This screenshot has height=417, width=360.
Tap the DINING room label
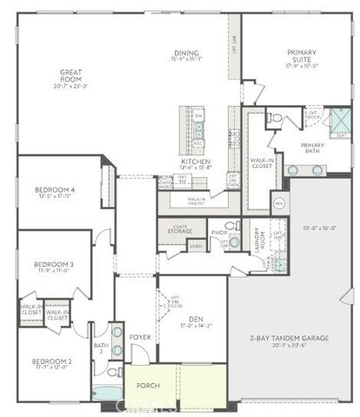pyautogui.click(x=187, y=54)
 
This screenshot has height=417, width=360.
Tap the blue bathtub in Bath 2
pyautogui.click(x=108, y=393)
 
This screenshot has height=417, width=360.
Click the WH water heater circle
pyautogui.click(x=279, y=204)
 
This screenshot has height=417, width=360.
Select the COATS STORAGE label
pyautogui.click(x=181, y=229)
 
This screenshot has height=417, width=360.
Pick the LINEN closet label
pyautogui.click(x=197, y=247)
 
